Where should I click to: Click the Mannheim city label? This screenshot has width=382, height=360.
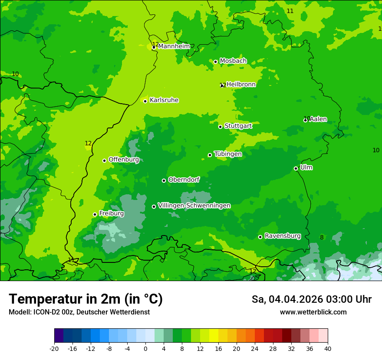click(174, 46)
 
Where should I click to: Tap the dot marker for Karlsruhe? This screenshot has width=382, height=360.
click(145, 101)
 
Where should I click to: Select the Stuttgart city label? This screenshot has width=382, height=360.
click(238, 126)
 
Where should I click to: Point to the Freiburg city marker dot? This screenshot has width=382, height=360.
click(95, 214)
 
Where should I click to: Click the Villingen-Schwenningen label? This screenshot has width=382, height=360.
click(194, 206)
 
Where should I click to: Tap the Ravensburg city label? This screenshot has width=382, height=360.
click(282, 236)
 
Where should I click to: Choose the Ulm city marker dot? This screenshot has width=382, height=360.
click(296, 168)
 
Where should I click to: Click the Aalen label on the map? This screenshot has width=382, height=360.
click(318, 119)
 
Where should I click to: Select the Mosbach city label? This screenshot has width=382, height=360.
click(233, 61)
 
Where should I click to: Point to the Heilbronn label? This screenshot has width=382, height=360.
click(241, 85)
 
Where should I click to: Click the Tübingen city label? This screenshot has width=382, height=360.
click(228, 154)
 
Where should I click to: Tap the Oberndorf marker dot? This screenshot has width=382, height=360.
click(164, 180)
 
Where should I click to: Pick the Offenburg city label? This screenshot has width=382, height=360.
click(124, 160)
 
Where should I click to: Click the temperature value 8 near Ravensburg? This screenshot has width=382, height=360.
click(322, 237)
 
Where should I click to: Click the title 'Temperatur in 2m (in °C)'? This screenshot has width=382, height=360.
click(86, 299)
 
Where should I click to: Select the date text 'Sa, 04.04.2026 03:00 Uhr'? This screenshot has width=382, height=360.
click(311, 299)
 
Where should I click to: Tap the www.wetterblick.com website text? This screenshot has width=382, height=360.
click(313, 312)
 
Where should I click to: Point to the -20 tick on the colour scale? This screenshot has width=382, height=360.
click(54, 348)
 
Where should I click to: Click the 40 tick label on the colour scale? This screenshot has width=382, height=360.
click(328, 348)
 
